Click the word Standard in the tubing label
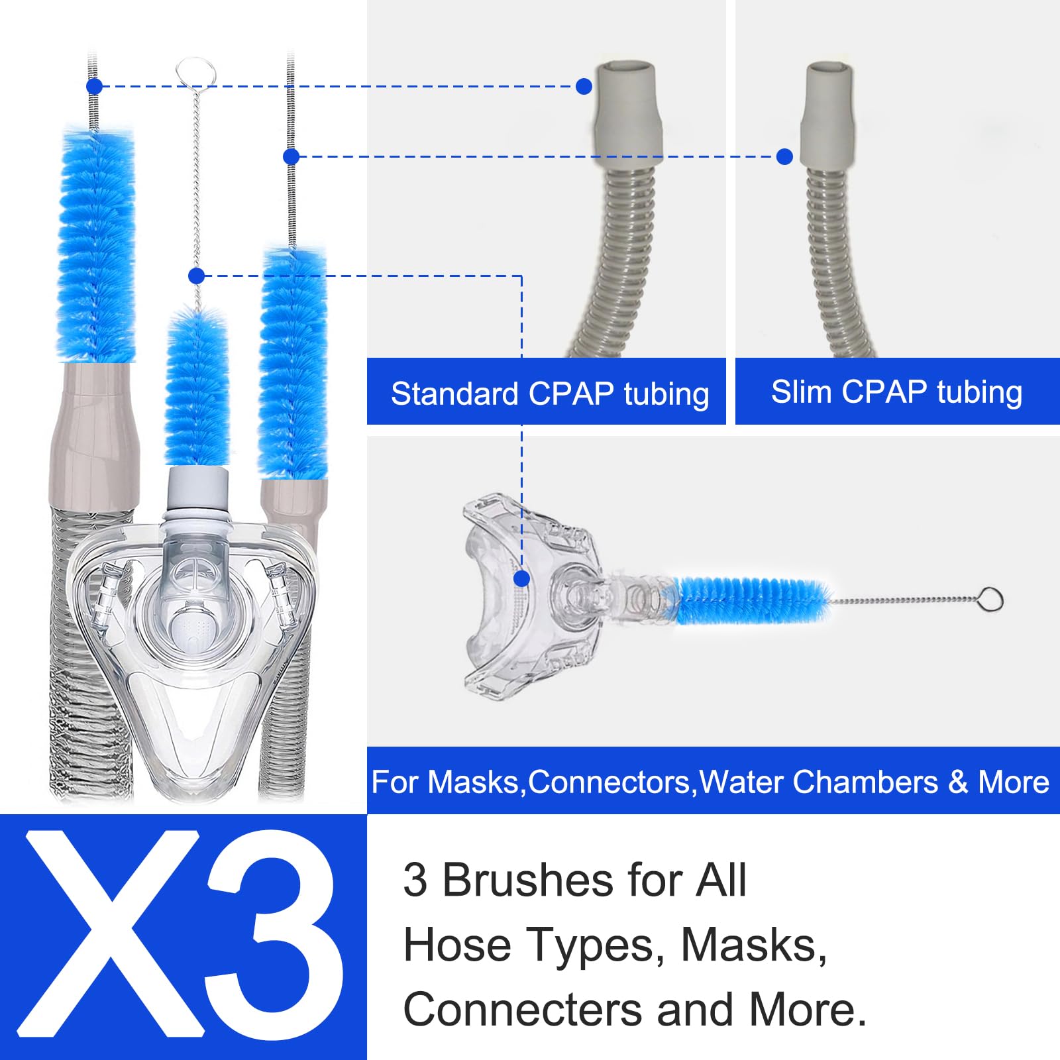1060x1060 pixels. [454, 394]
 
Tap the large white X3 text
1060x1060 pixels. [182, 935]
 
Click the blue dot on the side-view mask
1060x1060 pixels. [522, 579]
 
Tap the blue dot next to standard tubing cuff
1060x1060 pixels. [584, 86]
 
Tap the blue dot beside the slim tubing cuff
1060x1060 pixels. [784, 156]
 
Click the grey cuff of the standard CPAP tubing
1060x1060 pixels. [627, 113]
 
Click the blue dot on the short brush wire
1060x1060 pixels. [196, 276]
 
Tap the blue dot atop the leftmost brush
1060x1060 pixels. [94, 86]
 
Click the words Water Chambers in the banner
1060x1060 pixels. [819, 782]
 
